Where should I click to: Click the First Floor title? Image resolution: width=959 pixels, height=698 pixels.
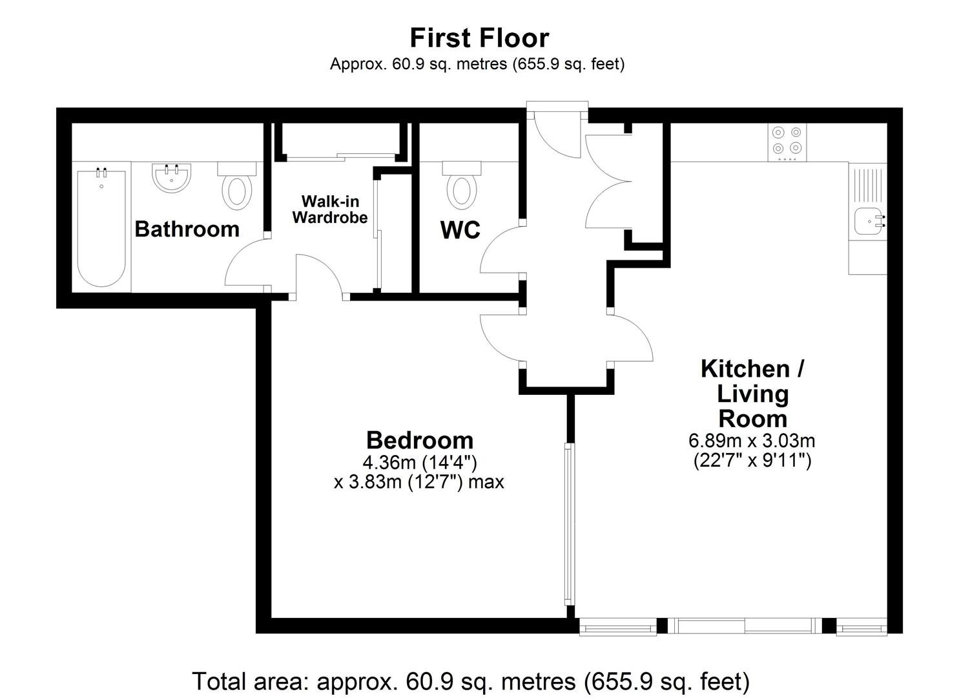coord(479,37)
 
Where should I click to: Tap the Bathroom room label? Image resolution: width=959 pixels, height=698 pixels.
coord(187,229)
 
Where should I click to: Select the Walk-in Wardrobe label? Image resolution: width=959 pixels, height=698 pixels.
coord(330,209)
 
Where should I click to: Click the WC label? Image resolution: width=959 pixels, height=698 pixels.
coord(460,230)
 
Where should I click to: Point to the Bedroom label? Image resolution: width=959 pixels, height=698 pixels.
coord(420,440)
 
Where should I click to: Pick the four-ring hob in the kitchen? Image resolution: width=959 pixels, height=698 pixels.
coord(787,142)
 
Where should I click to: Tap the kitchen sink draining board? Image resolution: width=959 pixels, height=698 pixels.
coord(867,185)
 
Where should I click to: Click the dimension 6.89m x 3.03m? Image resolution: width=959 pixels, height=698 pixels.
coord(752,441)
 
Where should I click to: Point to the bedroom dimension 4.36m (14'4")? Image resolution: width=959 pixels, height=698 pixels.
coord(420,462)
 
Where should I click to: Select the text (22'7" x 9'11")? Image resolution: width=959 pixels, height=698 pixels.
coord(752,461)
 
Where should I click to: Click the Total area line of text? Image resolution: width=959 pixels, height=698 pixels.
coord(471,682)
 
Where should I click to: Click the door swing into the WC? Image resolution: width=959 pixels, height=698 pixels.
coord(501,249)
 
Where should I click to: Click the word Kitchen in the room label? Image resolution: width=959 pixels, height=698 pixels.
coord(745,368)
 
